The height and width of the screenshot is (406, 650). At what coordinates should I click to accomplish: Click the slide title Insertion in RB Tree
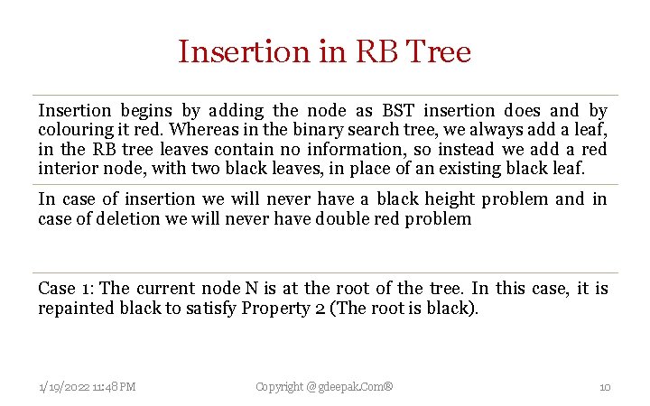click(324, 51)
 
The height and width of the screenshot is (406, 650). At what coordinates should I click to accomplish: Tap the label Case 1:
click(66, 289)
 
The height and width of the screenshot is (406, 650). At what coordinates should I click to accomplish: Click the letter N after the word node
click(250, 289)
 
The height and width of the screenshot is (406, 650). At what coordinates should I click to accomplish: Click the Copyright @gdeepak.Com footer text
click(324, 387)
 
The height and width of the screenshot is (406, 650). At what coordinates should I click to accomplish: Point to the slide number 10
click(605, 387)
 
